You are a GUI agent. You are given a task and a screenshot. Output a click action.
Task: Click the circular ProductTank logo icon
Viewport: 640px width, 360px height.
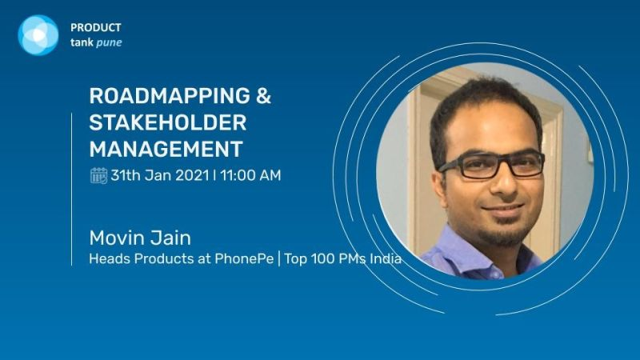[38, 34]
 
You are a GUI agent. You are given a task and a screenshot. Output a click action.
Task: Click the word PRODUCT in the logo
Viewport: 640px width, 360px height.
[95, 27]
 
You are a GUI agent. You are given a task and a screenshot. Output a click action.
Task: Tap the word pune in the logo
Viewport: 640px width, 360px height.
[109, 43]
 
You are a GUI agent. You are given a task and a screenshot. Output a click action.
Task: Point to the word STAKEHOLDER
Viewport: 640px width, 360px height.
[167, 123]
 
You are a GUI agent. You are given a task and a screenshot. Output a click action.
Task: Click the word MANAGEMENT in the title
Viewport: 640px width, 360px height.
[166, 150]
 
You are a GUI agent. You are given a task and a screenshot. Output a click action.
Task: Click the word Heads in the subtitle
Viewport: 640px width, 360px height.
[107, 260]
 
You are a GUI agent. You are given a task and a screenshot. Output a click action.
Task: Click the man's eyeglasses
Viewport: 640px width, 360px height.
[490, 165]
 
